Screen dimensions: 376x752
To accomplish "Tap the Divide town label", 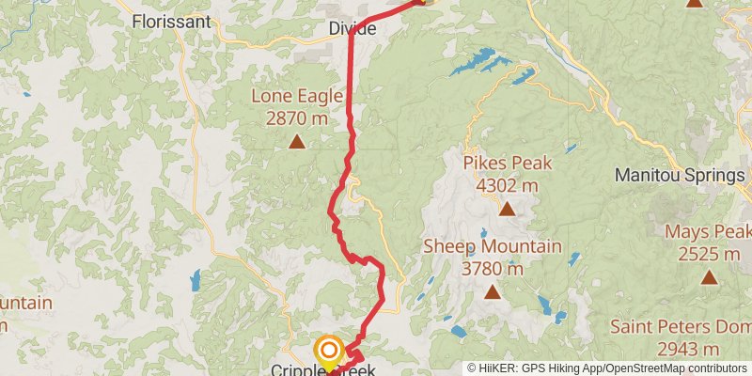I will pyautogui.click(x=352, y=29).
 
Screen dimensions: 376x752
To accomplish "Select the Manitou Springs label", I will pyautogui.click(x=679, y=175).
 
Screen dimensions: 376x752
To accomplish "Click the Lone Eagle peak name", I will pyautogui.click(x=296, y=96).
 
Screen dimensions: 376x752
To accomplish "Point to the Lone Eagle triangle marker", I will pyautogui.click(x=297, y=142).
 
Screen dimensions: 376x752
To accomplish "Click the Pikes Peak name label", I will pyautogui.click(x=507, y=163).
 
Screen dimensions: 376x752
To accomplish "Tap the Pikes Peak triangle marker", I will pyautogui.click(x=508, y=209).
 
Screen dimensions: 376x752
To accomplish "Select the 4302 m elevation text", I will pyautogui.click(x=507, y=185).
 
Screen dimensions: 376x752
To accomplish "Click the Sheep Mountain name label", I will pyautogui.click(x=492, y=246).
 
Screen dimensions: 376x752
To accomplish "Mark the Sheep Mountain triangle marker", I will pyautogui.click(x=492, y=292).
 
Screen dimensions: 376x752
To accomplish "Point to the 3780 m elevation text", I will pyautogui.click(x=492, y=269).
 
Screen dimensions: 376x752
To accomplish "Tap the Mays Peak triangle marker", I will pyautogui.click(x=709, y=277).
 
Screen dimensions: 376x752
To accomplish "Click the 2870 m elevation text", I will pyautogui.click(x=296, y=118).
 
